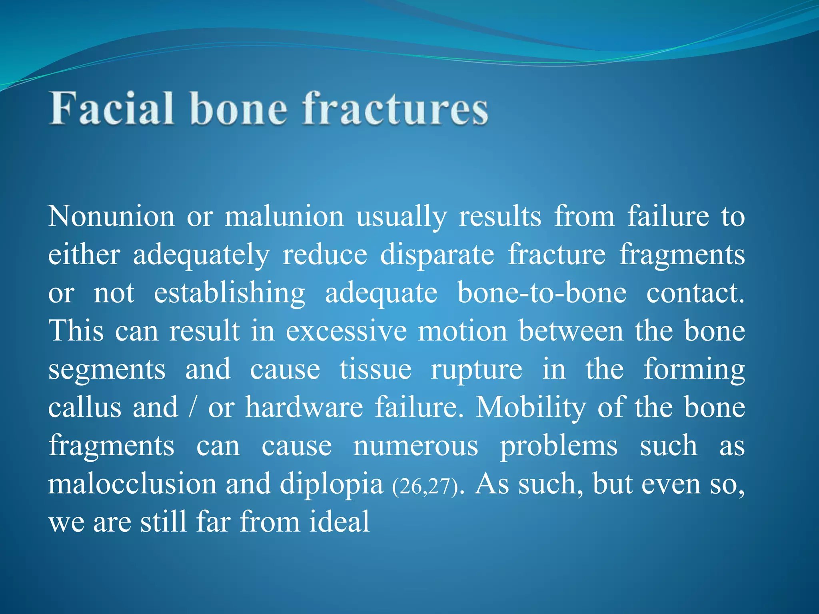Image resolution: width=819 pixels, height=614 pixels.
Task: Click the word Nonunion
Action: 112,217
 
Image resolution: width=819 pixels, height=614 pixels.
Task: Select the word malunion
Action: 284,217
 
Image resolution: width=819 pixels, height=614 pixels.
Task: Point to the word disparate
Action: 437,255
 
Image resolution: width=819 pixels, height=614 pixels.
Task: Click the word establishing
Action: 230,293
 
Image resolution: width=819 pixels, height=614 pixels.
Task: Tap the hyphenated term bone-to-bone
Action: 542,293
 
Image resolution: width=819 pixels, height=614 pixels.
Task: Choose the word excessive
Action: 346,331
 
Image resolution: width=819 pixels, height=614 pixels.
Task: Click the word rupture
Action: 476,369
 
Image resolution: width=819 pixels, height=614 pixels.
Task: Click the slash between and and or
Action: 193,408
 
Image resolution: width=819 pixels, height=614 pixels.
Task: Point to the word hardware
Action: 304,408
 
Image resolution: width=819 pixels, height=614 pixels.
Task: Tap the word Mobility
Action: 530,408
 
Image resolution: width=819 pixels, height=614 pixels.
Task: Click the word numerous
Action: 415,446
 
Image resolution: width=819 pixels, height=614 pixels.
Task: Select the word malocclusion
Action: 132,484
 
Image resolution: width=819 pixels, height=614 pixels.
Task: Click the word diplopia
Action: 332,484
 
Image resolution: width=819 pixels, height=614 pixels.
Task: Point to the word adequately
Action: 201,255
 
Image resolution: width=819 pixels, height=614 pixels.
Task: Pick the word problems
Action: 559,446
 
